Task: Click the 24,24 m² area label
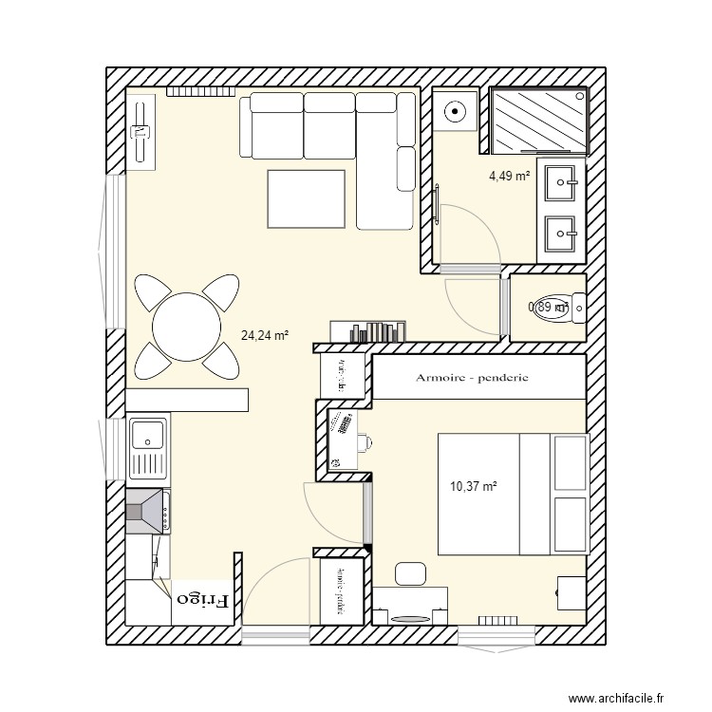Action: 264,335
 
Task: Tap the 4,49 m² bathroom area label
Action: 509,175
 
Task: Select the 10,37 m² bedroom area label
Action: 474,487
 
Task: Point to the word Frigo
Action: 201,600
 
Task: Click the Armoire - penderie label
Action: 472,378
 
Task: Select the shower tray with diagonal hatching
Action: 537,120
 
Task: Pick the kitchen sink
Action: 148,438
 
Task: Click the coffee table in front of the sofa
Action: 306,197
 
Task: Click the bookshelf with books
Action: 370,331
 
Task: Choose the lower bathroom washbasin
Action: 563,231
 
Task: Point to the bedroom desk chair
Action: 411,574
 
